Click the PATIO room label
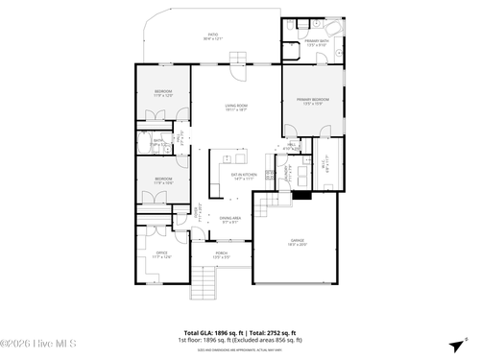coord(213,37)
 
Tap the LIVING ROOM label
coord(236,108)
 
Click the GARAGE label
coord(298,242)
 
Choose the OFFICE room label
coord(161,255)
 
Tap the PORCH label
coord(222,255)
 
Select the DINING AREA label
coord(230,220)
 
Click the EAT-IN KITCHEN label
coord(242,176)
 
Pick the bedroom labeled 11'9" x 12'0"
coord(163,93)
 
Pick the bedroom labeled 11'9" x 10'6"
coord(163,180)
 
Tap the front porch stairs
coord(204,281)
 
